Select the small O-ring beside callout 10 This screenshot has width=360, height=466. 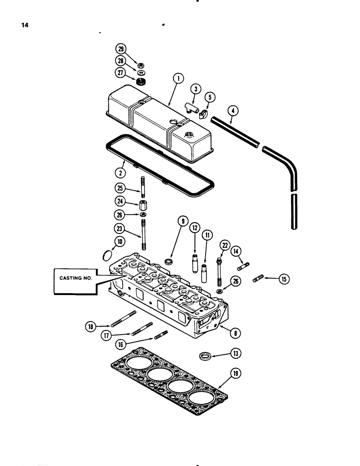[x=107, y=255]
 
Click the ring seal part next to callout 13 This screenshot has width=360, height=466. [x=204, y=356]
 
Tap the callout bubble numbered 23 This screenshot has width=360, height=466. [x=120, y=228]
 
